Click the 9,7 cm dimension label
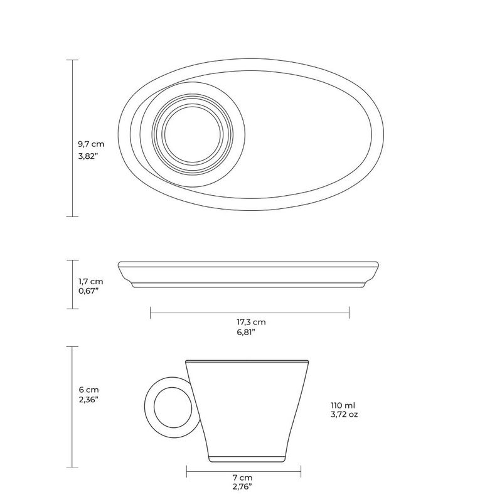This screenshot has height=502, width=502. coord(91,144)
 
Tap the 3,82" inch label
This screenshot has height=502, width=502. coord(88,156)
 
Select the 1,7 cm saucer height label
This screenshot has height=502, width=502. coord(91,281)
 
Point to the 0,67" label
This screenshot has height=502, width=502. coord(88,291)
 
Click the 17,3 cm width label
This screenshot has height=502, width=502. coord(252,322)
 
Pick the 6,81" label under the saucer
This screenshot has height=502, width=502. coord(246,332)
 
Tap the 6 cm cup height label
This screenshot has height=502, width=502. coord(88,390)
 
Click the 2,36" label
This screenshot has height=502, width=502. coord(88,400)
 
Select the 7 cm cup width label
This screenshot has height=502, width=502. coord(242,478)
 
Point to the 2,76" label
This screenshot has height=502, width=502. coord(242,487)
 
